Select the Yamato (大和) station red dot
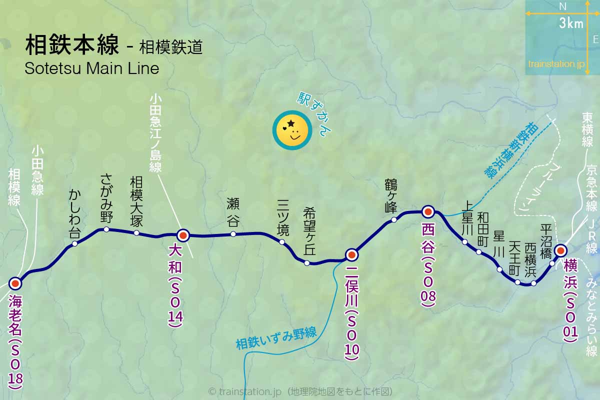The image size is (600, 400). (183, 235)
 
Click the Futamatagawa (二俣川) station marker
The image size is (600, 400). (351, 255)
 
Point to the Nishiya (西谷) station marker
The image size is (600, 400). (428, 211)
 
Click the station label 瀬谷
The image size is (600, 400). (233, 212)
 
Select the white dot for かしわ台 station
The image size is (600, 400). (75, 243)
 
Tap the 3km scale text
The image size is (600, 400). (571, 23)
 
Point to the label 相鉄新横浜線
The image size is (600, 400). (510, 150)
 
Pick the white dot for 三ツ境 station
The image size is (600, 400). (282, 242)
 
